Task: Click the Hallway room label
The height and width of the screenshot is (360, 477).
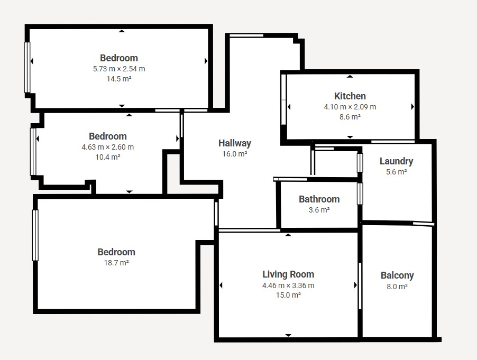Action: click(x=235, y=143)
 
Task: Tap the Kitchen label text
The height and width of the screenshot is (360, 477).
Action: click(x=350, y=96)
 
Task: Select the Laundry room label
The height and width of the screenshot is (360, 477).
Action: click(x=397, y=161)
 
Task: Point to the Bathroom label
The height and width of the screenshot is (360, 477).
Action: click(x=319, y=199)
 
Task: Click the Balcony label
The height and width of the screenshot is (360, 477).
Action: click(x=397, y=275)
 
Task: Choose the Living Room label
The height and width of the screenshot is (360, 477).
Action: click(x=288, y=274)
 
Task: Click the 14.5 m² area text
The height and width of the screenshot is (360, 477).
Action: click(x=119, y=79)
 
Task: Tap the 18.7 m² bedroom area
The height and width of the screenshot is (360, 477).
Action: click(x=116, y=263)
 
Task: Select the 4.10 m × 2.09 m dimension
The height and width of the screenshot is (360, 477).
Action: click(x=350, y=107)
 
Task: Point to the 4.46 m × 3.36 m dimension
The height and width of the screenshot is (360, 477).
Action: click(x=288, y=285)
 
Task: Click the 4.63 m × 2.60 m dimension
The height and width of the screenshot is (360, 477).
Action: click(x=108, y=147)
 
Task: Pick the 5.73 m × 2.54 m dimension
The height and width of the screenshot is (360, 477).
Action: click(x=119, y=69)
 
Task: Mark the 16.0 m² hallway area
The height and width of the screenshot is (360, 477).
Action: click(x=235, y=154)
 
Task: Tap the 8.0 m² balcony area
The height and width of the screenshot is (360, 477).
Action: click(x=397, y=287)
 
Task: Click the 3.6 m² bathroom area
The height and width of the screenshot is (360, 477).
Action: click(x=319, y=210)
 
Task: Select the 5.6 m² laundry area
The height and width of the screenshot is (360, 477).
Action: click(x=397, y=172)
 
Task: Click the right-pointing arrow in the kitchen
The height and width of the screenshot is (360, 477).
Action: click(x=412, y=107)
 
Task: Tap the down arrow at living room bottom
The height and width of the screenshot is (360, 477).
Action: click(x=288, y=335)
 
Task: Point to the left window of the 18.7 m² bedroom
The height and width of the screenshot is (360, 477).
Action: click(x=35, y=235)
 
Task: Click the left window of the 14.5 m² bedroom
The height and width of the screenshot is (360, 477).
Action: click(x=27, y=67)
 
